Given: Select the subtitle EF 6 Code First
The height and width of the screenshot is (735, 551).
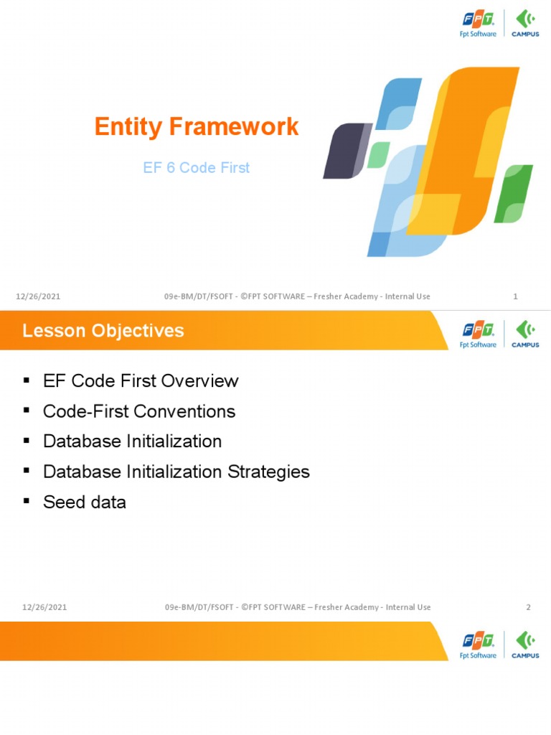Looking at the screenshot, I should pos(196,168).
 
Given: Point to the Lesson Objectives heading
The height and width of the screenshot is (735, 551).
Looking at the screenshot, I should pos(103,331).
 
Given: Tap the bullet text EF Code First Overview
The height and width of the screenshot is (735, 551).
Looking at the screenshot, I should pos(141,381).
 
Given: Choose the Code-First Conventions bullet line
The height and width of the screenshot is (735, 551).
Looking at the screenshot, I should pos(139,412).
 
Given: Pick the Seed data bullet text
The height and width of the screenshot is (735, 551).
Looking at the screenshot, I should pos(84,502).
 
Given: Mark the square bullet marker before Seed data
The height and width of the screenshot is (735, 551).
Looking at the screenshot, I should pos(27,500).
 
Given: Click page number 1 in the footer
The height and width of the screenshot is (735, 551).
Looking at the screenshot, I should pos(516,297).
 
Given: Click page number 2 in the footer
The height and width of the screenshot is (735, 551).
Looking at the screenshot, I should pos(528,607).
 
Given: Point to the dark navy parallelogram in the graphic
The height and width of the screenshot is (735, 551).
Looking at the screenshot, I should pos(346,151).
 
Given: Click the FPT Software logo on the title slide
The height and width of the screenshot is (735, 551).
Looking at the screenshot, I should pos(478,23).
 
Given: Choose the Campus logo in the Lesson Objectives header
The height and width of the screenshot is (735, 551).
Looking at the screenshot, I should pos(525,334).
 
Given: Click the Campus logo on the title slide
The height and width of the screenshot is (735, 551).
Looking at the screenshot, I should pos(525,24).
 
